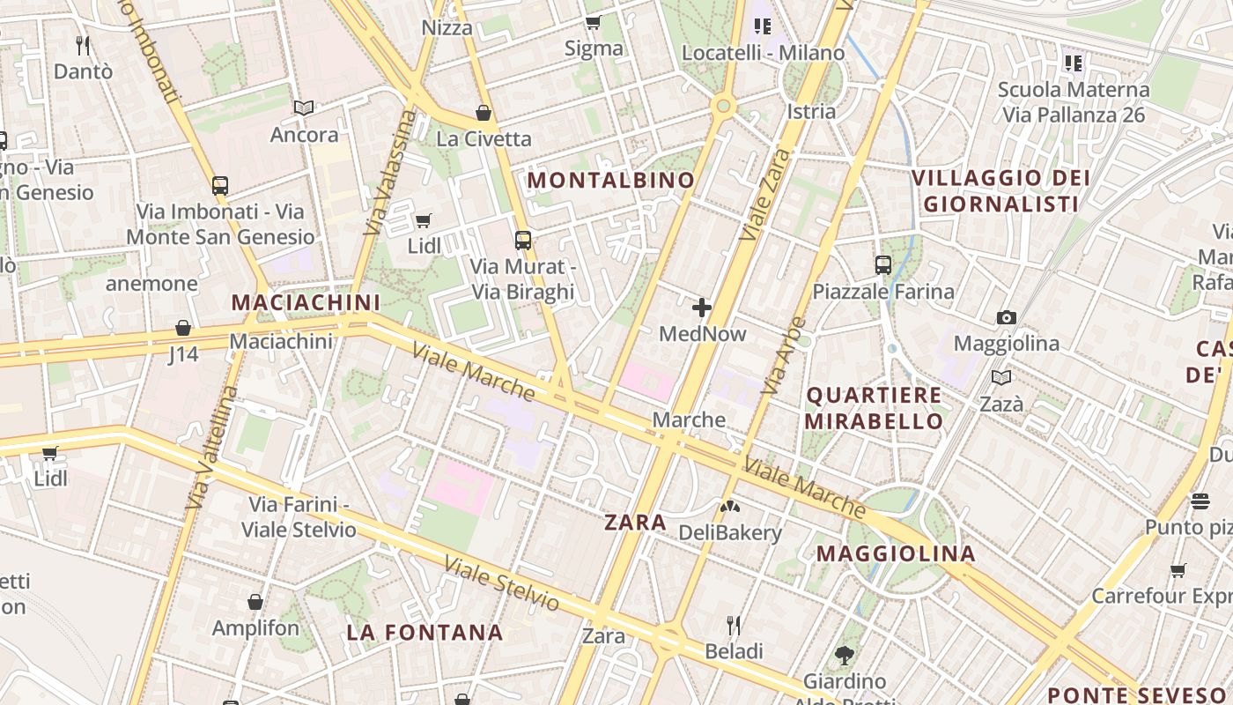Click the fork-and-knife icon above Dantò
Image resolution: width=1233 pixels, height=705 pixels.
(83, 45)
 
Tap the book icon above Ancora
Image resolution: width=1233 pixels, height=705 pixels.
(304, 108)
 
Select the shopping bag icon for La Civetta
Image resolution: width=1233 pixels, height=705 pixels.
(483, 113)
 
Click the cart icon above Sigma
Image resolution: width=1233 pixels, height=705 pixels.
(593, 22)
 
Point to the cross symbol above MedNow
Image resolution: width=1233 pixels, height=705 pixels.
(702, 308)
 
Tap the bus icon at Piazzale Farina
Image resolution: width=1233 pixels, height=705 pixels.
(882, 264)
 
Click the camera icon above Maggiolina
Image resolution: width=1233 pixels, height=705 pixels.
(1006, 317)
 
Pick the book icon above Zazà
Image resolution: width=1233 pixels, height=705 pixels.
(1001, 377)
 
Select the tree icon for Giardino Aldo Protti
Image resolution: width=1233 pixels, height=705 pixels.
(844, 655)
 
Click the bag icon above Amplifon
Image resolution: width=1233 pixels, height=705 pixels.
(255, 602)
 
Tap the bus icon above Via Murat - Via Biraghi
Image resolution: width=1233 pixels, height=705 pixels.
(523, 240)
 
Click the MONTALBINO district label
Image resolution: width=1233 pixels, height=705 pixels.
(611, 181)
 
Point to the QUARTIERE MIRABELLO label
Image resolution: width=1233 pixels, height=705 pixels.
(874, 407)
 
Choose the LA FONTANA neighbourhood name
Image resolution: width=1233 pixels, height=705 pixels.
(425, 633)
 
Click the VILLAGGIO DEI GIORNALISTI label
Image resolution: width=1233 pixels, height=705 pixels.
(1000, 190)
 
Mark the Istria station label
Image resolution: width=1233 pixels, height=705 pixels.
(810, 111)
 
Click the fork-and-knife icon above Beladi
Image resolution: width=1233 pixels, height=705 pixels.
(733, 626)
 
